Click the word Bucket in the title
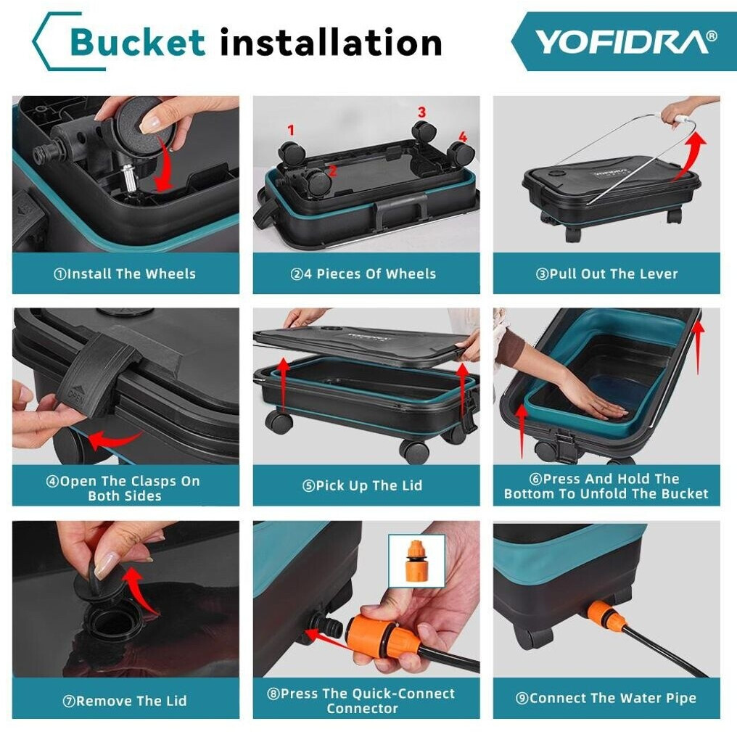(x=137, y=42)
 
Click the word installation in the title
(x=331, y=42)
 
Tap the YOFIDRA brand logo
(x=626, y=42)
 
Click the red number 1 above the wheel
(x=291, y=130)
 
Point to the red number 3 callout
(x=421, y=112)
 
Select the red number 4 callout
(x=463, y=136)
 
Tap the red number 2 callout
(x=333, y=170)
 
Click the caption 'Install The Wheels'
(x=125, y=274)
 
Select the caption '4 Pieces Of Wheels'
(x=363, y=274)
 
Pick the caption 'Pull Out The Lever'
(x=607, y=274)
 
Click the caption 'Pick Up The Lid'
(x=362, y=485)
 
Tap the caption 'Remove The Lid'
(x=125, y=701)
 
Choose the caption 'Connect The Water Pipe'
(x=606, y=698)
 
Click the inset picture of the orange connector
(x=416, y=561)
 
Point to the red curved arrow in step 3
(x=690, y=155)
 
